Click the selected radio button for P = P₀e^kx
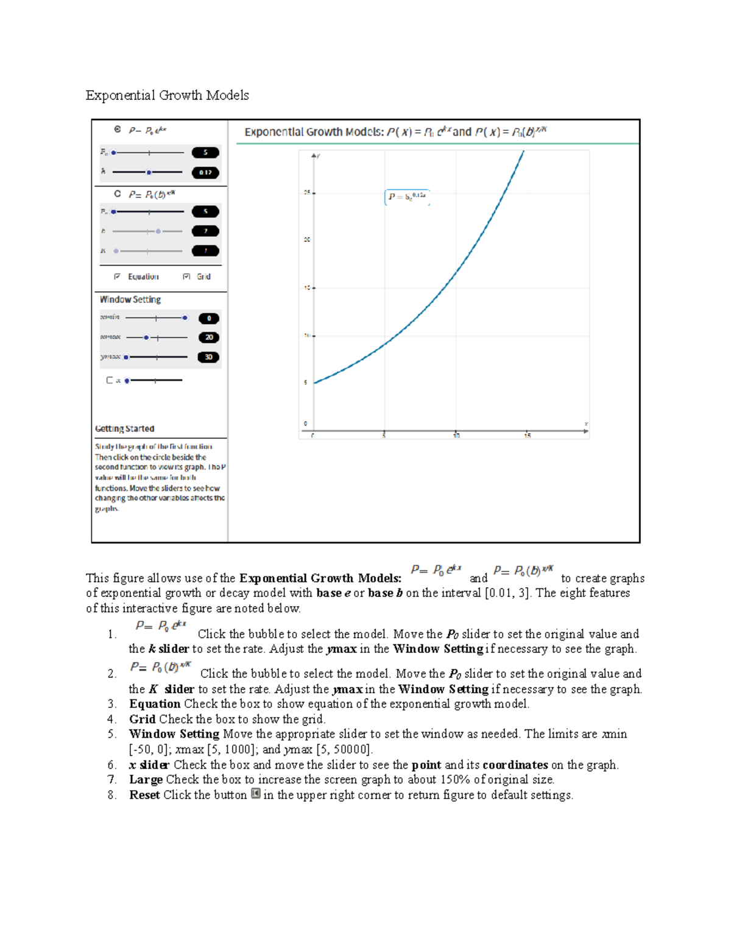point(118,129)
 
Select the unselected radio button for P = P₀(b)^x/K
point(118,194)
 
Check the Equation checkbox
point(118,277)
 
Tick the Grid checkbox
point(186,277)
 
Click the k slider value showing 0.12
point(205,172)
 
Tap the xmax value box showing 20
point(209,337)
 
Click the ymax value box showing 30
point(208,357)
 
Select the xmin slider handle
point(185,318)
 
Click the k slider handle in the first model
point(149,172)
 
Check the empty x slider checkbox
point(110,380)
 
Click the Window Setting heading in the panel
point(130,300)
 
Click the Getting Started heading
point(125,429)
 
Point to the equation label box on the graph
point(407,197)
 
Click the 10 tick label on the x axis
point(456,436)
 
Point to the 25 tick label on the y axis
point(307,192)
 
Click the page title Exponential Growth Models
point(167,95)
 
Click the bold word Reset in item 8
point(144,795)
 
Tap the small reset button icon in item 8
point(256,794)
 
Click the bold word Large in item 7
point(146,780)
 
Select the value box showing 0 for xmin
point(209,318)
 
